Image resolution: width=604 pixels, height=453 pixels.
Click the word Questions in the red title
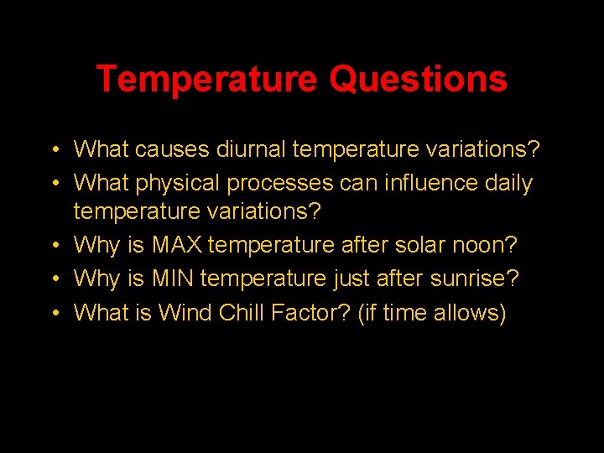click(418, 80)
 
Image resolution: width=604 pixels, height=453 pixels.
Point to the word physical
click(174, 183)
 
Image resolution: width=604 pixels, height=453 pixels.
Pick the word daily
click(508, 183)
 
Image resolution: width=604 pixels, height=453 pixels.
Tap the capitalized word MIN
click(174, 279)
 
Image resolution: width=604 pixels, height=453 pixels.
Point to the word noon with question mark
click(485, 246)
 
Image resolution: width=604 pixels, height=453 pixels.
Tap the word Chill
click(242, 312)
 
